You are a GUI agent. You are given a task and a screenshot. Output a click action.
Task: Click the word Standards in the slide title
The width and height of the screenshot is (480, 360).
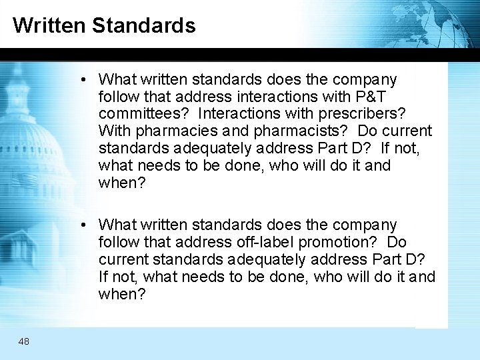tap(144, 25)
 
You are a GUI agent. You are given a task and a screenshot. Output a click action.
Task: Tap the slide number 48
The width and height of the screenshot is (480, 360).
tap(24, 341)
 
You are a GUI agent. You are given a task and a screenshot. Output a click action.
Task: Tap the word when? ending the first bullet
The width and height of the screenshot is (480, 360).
tap(117, 183)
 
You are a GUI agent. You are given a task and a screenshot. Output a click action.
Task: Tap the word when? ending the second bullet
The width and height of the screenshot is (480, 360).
tap(117, 294)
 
